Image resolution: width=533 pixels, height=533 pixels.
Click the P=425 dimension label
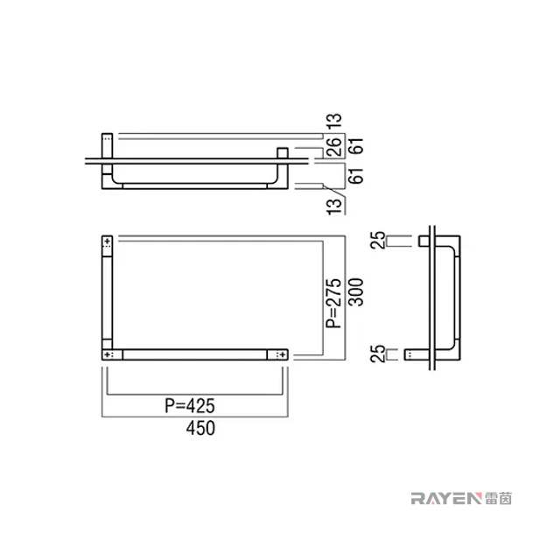[190, 405]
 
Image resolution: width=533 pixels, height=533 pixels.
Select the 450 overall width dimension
[200, 428]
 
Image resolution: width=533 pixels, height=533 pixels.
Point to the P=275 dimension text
[333, 303]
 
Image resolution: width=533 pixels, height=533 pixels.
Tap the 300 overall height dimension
[356, 292]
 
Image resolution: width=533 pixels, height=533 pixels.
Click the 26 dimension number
[334, 146]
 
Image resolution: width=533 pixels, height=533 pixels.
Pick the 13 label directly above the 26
[334, 121]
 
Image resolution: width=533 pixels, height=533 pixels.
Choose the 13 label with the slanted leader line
[334, 207]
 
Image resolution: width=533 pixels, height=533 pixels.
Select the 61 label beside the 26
[356, 146]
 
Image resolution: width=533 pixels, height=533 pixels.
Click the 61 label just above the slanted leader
[356, 176]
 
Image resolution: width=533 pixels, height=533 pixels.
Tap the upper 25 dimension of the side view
[378, 240]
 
